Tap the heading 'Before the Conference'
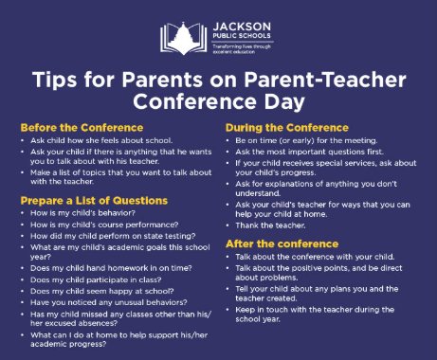[x=82, y=126]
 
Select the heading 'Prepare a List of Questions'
[x=95, y=201]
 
